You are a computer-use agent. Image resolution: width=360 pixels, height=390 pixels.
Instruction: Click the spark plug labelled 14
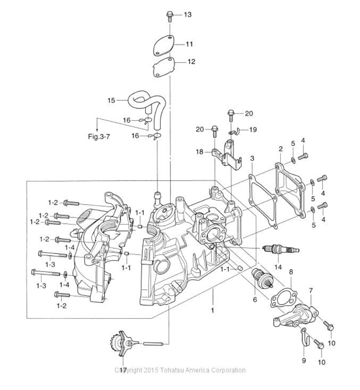[x=281, y=249]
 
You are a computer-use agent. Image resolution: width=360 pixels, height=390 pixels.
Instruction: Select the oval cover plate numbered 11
[x=163, y=46]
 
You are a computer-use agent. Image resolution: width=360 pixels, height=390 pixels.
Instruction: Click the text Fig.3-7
[x=99, y=137]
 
